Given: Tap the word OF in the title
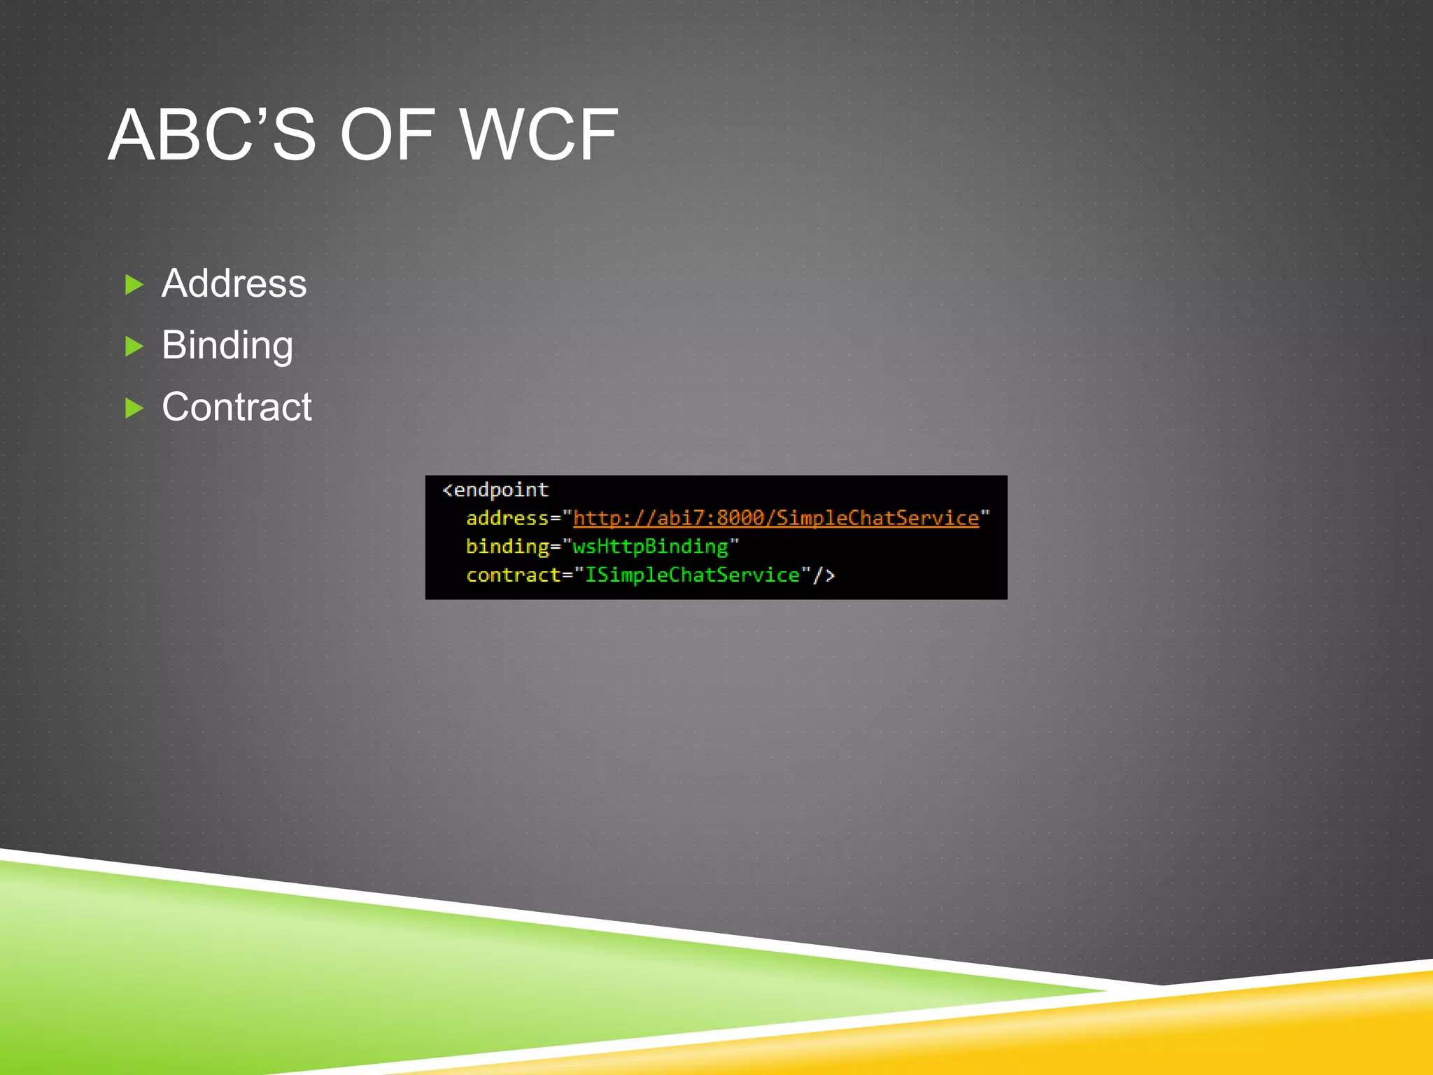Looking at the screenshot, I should click(x=386, y=134).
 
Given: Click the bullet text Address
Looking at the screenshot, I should click(x=234, y=283).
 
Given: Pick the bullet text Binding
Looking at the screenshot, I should click(x=227, y=345).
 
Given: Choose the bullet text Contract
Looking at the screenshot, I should click(x=237, y=407).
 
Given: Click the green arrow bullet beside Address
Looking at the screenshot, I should click(x=134, y=284).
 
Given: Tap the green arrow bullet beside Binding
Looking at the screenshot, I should click(x=134, y=346).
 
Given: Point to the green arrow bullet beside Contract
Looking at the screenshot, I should click(x=134, y=407).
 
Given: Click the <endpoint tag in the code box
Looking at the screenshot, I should click(x=495, y=490).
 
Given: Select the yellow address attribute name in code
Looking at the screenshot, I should click(x=507, y=518).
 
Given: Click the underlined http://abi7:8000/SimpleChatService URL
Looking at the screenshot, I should click(x=775, y=518).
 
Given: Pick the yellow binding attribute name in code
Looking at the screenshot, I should click(x=507, y=547).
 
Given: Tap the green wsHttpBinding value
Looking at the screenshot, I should click(x=650, y=547).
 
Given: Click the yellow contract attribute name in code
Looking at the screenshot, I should click(x=513, y=575).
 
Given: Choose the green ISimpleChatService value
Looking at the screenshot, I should click(x=691, y=575).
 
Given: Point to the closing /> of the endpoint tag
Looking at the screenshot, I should click(x=824, y=575).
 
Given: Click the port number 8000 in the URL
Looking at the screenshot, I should click(x=740, y=518).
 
